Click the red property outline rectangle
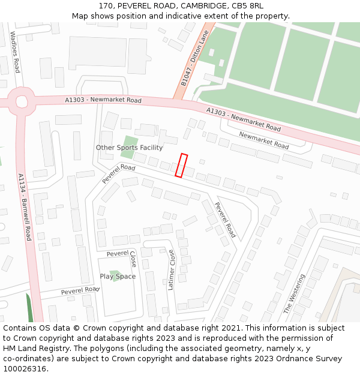click(x=181, y=166)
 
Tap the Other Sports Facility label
click(x=129, y=148)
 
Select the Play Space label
click(x=118, y=277)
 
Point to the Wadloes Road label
click(x=16, y=56)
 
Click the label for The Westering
click(x=294, y=294)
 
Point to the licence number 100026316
click(x=24, y=369)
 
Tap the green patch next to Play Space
click(x=115, y=275)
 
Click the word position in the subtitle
click(x=139, y=16)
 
